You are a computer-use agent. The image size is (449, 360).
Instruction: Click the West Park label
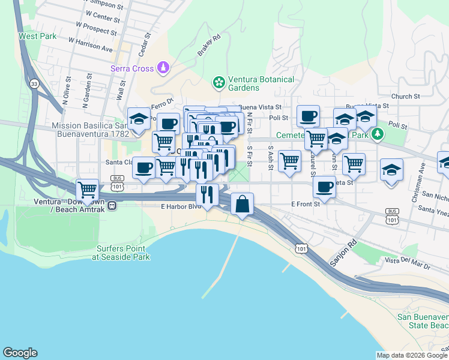(x=37, y=36)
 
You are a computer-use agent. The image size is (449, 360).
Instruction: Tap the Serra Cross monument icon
(x=163, y=68)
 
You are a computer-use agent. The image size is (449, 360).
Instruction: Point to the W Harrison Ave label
(x=91, y=44)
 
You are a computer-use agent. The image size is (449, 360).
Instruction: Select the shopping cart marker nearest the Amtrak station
(x=88, y=190)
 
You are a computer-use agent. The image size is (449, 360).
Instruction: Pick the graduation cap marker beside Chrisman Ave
(x=391, y=169)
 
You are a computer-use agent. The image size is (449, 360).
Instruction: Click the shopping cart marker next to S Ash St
(x=290, y=160)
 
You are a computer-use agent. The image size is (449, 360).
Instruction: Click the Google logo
(x=20, y=353)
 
